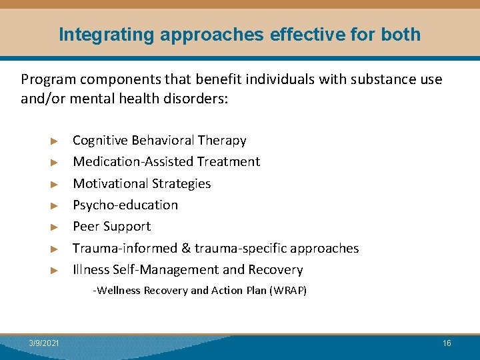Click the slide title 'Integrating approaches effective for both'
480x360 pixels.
click(x=240, y=35)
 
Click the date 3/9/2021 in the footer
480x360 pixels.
click(x=44, y=343)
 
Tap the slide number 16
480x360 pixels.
click(x=447, y=343)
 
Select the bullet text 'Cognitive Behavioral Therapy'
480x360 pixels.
click(x=159, y=141)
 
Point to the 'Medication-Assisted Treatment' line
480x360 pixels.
click(x=166, y=162)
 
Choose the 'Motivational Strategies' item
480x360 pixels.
click(x=141, y=183)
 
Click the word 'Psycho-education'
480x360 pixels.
click(x=125, y=205)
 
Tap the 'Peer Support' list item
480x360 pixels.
click(x=111, y=227)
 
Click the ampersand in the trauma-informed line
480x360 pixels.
click(x=185, y=249)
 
